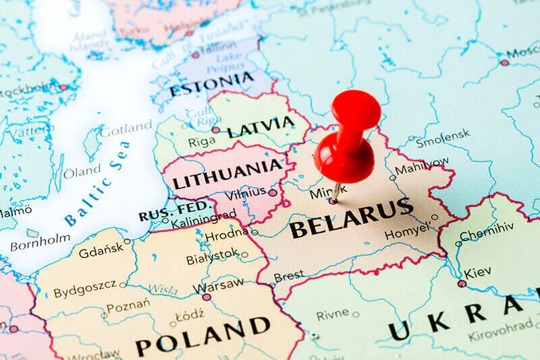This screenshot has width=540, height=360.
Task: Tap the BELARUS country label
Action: click(351, 217)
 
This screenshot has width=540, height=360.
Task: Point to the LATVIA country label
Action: click(261, 126)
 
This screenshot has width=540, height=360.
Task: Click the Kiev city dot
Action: click(462, 284)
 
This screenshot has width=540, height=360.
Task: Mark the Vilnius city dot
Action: click(273, 192)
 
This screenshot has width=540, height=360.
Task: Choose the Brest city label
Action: click(288, 276)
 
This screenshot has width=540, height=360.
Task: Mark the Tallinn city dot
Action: click(196, 55)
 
